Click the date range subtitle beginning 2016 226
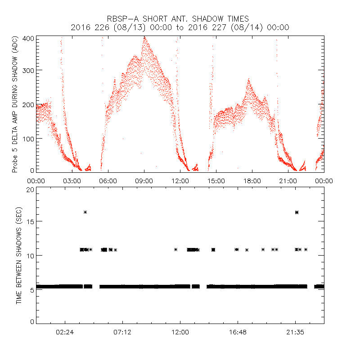click(180, 27)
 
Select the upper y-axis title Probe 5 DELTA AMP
click(15, 104)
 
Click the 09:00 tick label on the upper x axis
click(144, 181)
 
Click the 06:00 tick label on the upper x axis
click(108, 181)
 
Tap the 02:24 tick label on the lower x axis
click(65, 332)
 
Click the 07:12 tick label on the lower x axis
click(122, 332)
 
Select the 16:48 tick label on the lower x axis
click(238, 332)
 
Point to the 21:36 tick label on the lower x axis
click(295, 332)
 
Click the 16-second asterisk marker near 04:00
click(85, 212)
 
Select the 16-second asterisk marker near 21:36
click(297, 212)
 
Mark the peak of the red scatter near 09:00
click(144, 37)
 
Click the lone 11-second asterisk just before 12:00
click(176, 249)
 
